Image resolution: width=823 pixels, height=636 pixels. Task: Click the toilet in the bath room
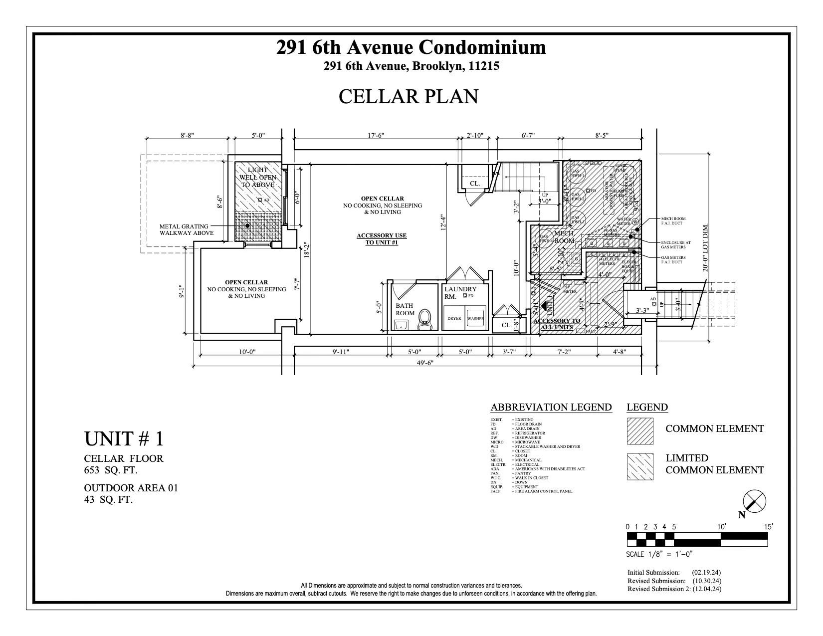(x=424, y=319)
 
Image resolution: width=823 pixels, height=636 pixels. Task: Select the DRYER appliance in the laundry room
(x=454, y=318)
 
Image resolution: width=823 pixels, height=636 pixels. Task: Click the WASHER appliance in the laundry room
(x=475, y=318)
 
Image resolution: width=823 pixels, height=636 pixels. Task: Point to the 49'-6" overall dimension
(x=425, y=363)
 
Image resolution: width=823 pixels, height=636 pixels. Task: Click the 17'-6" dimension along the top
(x=376, y=135)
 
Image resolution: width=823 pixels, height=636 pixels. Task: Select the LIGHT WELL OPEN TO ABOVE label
(x=257, y=178)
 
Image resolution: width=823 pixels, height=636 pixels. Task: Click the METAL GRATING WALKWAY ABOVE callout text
(x=186, y=229)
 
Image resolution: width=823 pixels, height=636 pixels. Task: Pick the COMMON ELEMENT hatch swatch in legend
(x=640, y=430)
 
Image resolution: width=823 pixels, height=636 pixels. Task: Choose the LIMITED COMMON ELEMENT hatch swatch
(x=640, y=466)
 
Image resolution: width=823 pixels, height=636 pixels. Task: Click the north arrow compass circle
(x=754, y=501)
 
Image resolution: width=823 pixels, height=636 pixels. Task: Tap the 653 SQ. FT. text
(x=111, y=470)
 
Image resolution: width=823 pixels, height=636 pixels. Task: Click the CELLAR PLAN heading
(x=408, y=97)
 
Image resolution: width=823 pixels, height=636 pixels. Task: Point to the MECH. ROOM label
(x=564, y=237)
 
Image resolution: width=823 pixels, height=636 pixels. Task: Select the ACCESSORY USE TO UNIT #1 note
(x=382, y=239)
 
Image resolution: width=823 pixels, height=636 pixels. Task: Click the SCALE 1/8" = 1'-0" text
(x=659, y=554)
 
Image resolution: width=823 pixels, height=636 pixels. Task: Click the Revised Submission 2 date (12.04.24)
(x=707, y=589)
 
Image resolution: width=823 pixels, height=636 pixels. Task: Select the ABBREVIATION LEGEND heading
(x=551, y=407)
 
